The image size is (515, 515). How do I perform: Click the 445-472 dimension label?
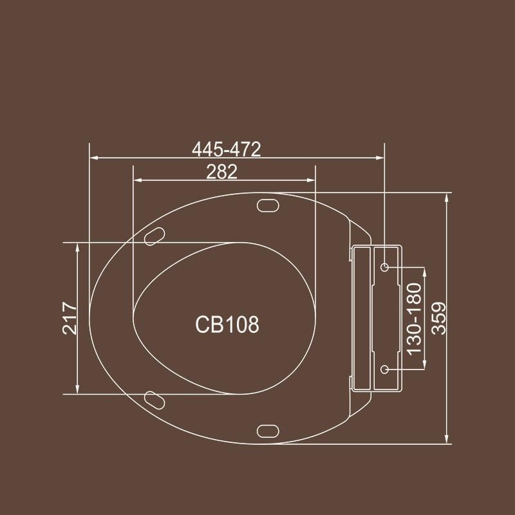(227, 149)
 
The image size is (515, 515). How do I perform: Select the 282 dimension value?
(221, 172)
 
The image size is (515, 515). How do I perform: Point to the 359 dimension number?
(439, 318)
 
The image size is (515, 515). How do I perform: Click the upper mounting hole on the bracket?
(385, 267)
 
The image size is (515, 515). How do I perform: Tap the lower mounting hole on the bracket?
(385, 369)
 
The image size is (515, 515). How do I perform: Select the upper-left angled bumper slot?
(153, 236)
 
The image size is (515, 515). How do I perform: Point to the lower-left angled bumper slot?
(153, 399)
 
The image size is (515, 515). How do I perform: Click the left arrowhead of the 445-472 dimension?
(93, 157)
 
